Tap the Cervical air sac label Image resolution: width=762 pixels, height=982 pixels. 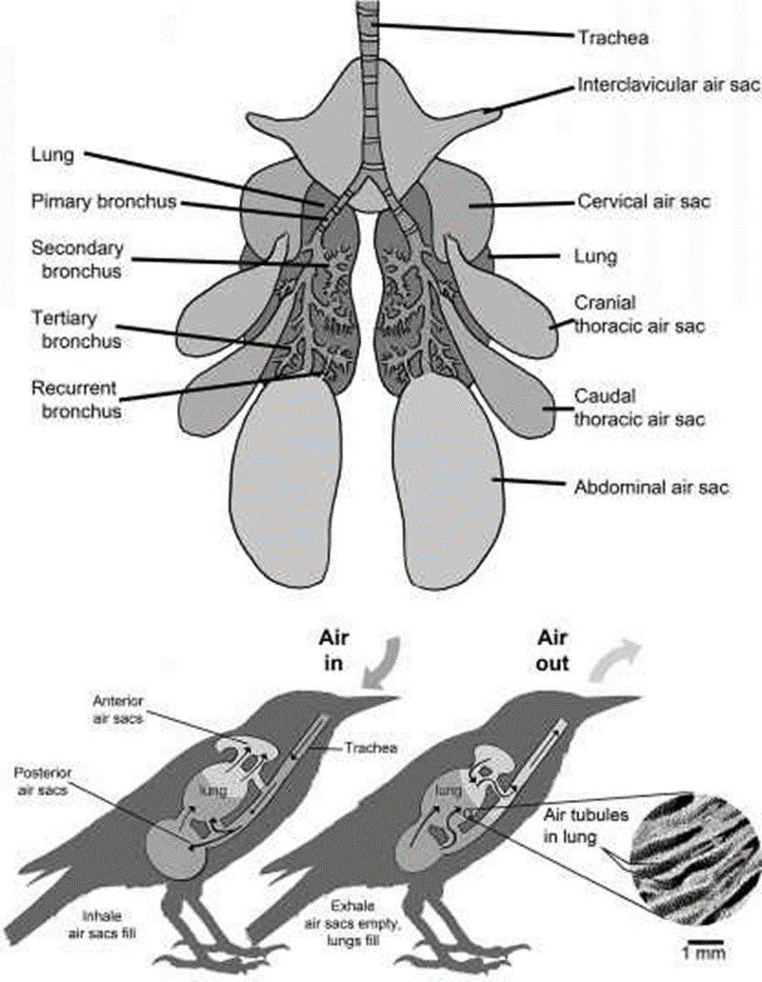[646, 202]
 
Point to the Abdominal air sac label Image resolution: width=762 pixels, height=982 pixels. [652, 488]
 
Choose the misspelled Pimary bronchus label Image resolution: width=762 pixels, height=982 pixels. [105, 202]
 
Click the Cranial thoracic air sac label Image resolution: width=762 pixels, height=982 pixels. [639, 314]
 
